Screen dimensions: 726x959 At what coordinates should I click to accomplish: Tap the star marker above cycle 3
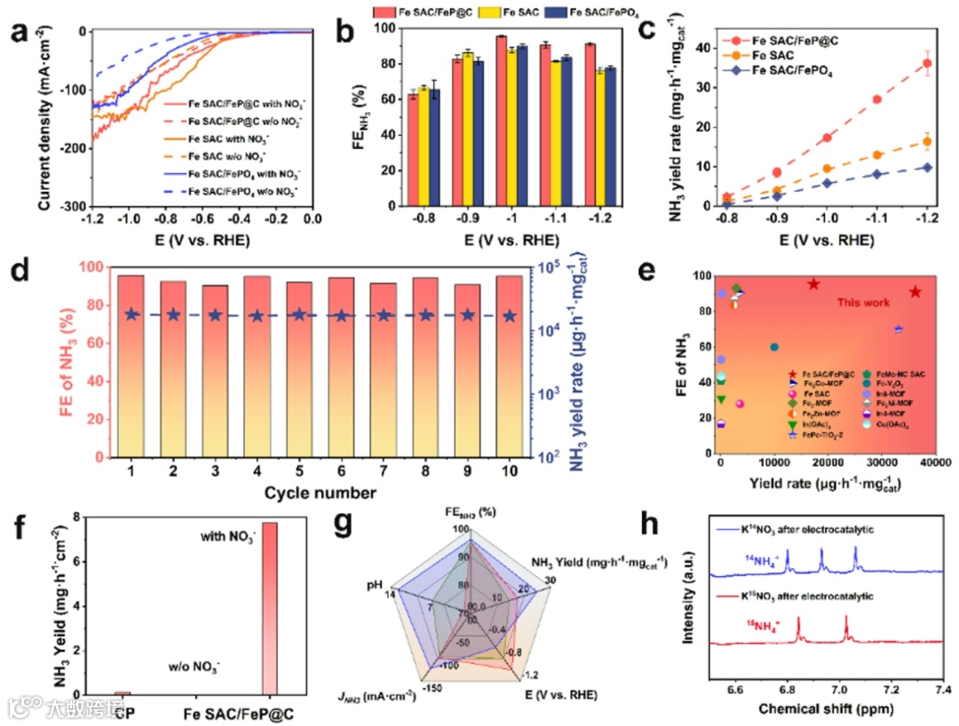(x=216, y=315)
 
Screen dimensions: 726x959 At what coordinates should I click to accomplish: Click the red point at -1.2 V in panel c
(x=927, y=63)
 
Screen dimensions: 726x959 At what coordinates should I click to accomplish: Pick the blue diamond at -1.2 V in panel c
(x=927, y=167)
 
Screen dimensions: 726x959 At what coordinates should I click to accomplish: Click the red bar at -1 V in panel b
(x=502, y=121)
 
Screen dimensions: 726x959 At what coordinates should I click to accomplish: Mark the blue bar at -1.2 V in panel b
(x=610, y=137)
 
